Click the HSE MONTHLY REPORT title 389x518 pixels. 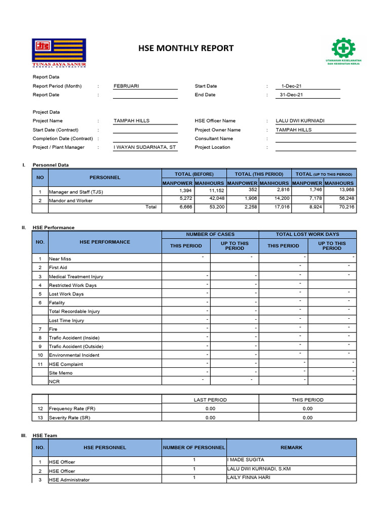186,49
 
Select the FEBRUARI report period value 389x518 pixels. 126,86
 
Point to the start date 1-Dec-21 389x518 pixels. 292,86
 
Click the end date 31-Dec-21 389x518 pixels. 292,95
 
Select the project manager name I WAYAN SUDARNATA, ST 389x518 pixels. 145,147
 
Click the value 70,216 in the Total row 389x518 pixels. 347,207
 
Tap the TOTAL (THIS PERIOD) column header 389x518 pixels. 258,174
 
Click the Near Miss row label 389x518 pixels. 60,259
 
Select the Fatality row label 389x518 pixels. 57,303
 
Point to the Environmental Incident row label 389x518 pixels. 74,355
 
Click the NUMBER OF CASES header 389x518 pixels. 210,234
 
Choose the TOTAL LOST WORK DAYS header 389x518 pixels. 307,234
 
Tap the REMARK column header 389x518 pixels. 291,447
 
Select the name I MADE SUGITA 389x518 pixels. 246,460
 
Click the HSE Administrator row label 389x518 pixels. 69,480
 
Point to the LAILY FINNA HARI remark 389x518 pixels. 249,478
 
